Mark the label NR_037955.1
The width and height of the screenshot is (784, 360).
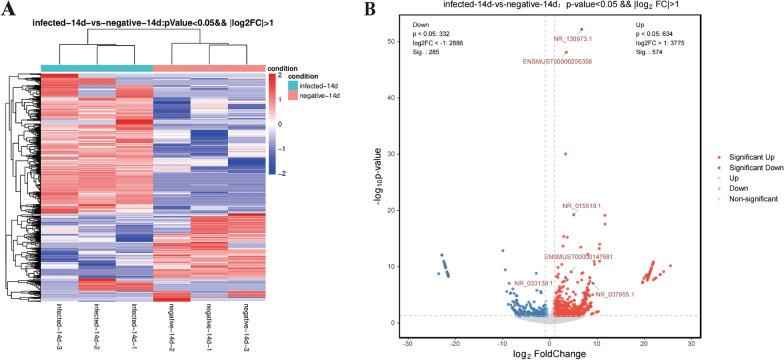coord(614,294)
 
